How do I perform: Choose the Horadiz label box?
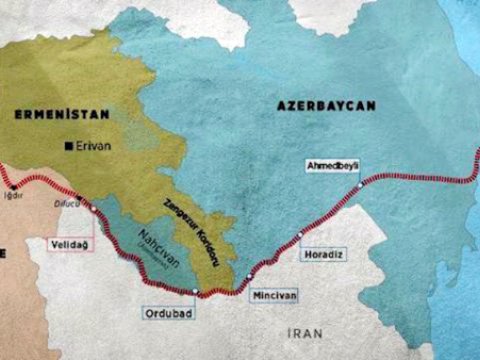pyautogui.click(x=322, y=254)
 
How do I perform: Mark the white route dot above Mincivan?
pyautogui.click(x=249, y=274)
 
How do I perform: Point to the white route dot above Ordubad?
pyautogui.click(x=196, y=292)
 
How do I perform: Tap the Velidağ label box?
pyautogui.click(x=68, y=242)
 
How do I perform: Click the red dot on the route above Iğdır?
pyautogui.click(x=13, y=185)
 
